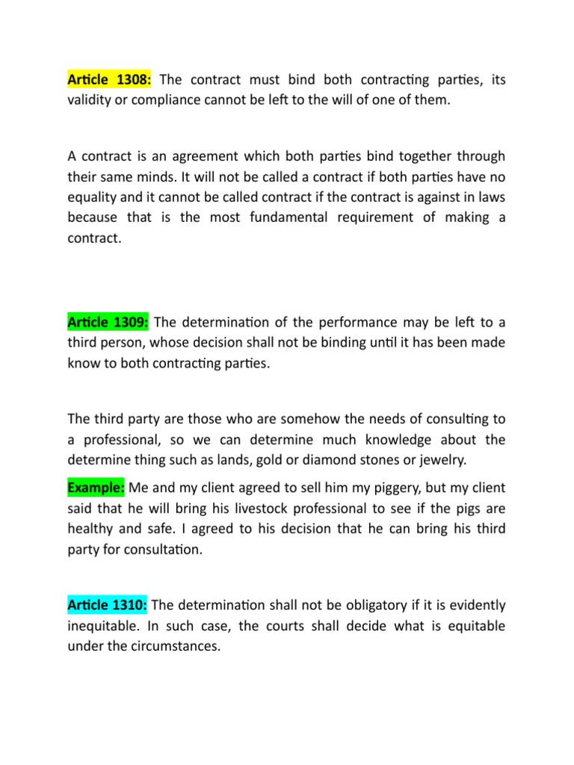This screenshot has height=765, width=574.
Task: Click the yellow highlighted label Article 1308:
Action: click(x=110, y=80)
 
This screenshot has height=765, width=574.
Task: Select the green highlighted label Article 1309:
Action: click(x=108, y=322)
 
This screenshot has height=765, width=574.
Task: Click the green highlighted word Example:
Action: click(x=96, y=488)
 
